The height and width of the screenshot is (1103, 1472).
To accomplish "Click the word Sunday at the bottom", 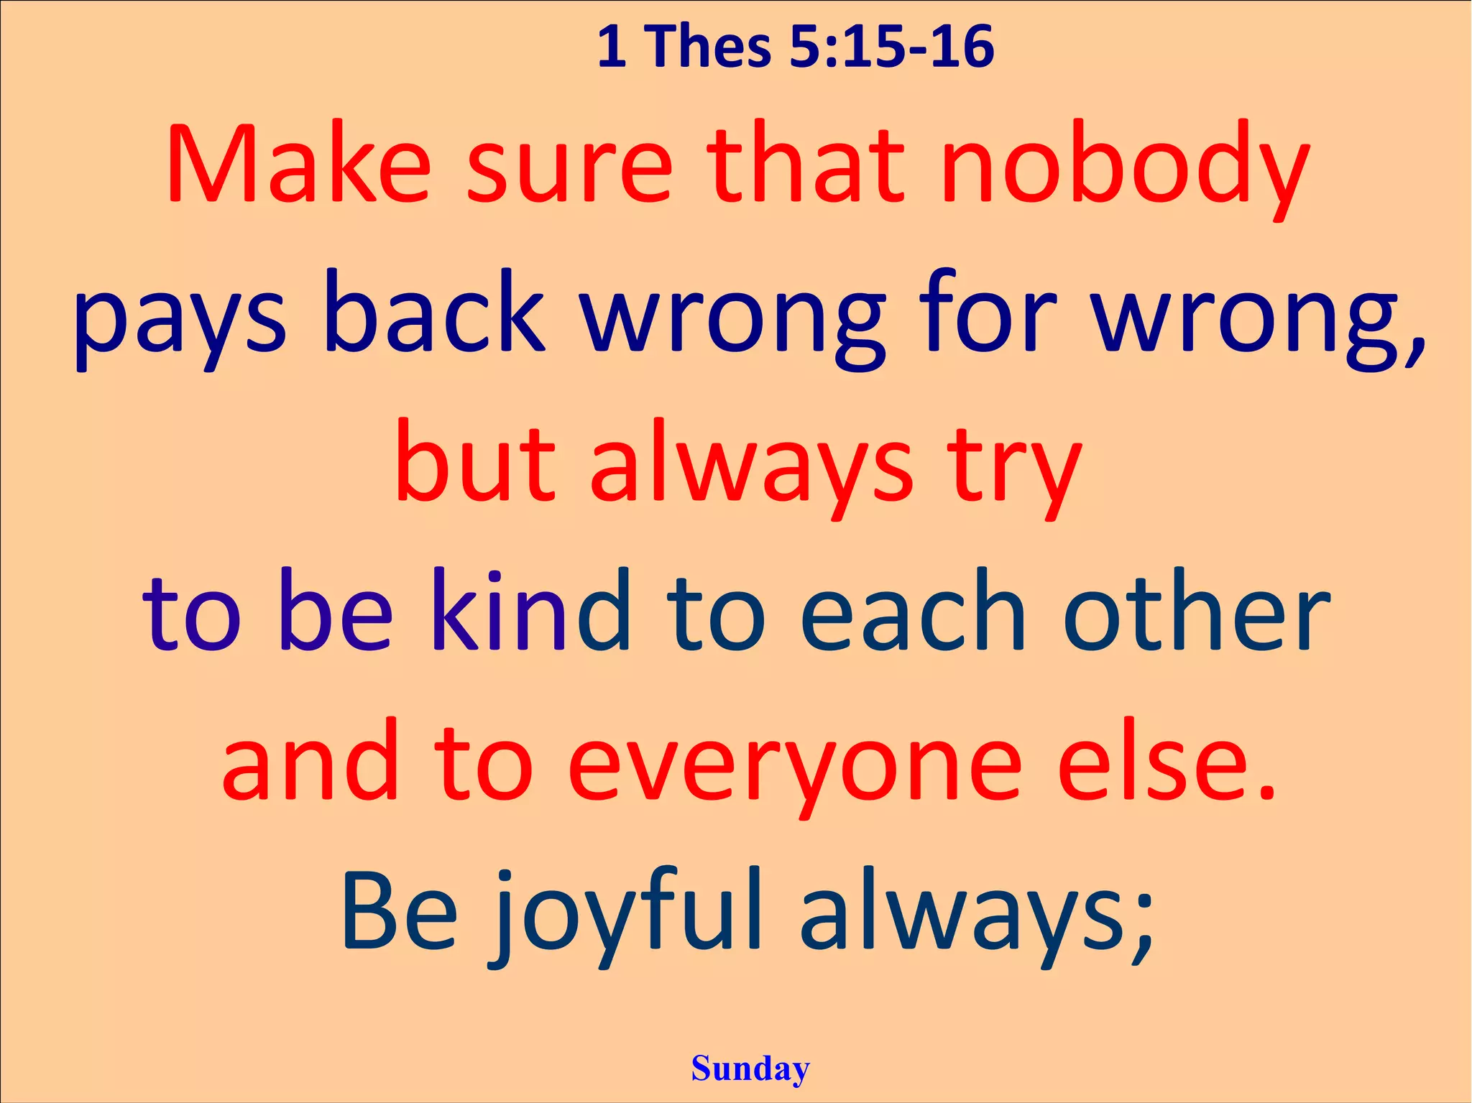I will click(750, 1069).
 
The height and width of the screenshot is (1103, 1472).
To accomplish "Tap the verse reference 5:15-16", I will click(891, 47).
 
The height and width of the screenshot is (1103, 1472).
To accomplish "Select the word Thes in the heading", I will click(711, 47).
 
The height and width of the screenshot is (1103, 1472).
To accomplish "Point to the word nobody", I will click(1125, 169).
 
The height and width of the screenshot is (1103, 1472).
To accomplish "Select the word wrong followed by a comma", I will click(1258, 320).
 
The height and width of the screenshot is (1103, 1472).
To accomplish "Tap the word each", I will click(913, 611).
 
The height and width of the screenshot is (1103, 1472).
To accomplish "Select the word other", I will click(1196, 611).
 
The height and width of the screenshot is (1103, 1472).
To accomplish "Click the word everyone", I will click(794, 765).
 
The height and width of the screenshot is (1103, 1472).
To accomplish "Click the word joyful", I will click(625, 916).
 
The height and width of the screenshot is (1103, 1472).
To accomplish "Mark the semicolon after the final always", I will click(1142, 931).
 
